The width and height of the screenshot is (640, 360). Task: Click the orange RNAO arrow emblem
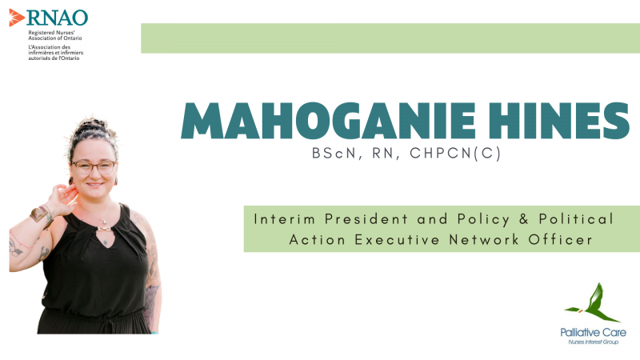tap(16, 18)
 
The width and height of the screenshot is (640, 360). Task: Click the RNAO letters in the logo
tap(57, 18)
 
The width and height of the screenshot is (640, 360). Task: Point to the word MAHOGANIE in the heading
tap(328, 121)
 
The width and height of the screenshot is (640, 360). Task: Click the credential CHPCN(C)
tap(455, 153)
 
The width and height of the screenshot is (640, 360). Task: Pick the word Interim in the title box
tap(285, 218)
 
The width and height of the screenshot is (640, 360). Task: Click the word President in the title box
tap(366, 218)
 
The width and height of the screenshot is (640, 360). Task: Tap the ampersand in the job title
tap(524, 219)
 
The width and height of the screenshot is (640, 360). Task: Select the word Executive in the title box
tap(397, 239)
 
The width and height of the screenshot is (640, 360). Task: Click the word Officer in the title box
tap(560, 239)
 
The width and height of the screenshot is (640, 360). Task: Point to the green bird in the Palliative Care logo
tap(593, 302)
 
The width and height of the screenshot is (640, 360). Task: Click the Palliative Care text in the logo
tap(593, 332)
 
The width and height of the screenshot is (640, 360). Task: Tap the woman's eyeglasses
tap(94, 167)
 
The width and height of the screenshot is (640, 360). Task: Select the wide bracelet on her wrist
tap(39, 214)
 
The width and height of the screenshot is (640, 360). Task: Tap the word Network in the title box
tap(484, 239)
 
